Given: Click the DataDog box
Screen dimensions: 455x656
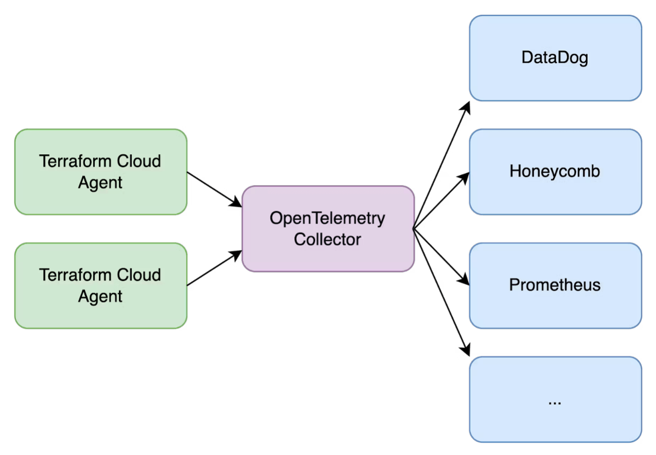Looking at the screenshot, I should tap(555, 58).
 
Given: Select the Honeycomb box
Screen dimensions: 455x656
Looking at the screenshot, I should tap(555, 171).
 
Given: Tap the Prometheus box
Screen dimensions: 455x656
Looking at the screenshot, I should tap(555, 285).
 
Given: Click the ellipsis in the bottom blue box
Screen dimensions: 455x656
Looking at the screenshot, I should tap(555, 401).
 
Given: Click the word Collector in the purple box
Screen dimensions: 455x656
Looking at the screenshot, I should tap(327, 239).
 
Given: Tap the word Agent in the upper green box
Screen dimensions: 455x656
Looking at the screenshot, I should tap(100, 183).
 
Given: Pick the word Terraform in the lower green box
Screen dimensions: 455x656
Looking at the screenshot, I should tap(69, 275).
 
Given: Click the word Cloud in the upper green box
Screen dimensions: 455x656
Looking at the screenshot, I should tap(138, 161).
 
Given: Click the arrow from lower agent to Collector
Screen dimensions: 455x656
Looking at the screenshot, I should tap(215, 268).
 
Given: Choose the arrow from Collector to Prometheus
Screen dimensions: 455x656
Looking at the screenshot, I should tap(442, 257).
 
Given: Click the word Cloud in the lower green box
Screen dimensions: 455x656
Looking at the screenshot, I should tap(138, 275).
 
